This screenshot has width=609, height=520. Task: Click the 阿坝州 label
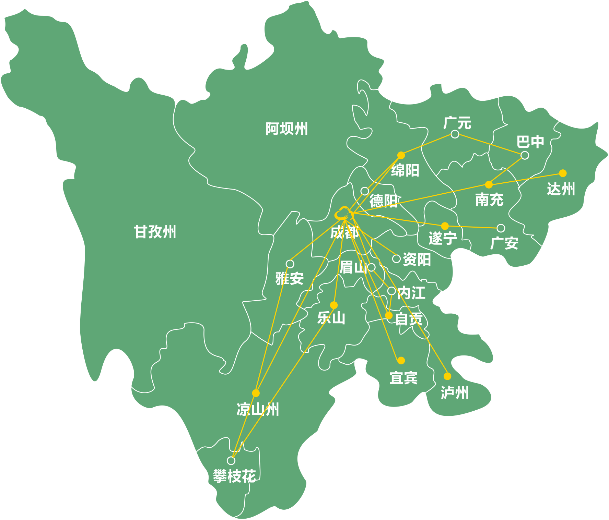point(286,129)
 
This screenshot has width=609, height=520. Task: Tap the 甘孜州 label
point(155,232)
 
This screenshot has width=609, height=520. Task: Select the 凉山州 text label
point(258,409)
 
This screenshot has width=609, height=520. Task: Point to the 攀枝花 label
point(234,476)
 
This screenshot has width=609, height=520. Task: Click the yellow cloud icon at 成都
point(343,214)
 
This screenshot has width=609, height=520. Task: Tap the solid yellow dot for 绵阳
point(401,156)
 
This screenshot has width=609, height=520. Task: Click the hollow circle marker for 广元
point(455,134)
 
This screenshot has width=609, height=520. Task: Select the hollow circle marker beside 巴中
point(525,155)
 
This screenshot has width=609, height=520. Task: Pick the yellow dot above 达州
point(563,173)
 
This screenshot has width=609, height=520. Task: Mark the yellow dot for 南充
point(489,185)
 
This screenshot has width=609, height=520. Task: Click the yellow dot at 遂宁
point(445,226)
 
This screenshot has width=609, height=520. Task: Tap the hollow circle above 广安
point(501,228)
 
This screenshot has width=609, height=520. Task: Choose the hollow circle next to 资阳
point(396,258)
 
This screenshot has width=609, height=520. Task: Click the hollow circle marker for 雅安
point(290,264)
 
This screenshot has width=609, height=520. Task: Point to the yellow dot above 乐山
point(334,305)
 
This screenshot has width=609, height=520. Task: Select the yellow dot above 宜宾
point(401,360)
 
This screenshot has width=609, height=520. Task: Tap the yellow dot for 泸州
point(447,376)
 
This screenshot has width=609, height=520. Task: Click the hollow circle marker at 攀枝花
point(231,460)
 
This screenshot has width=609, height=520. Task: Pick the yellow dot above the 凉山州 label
point(256,393)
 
